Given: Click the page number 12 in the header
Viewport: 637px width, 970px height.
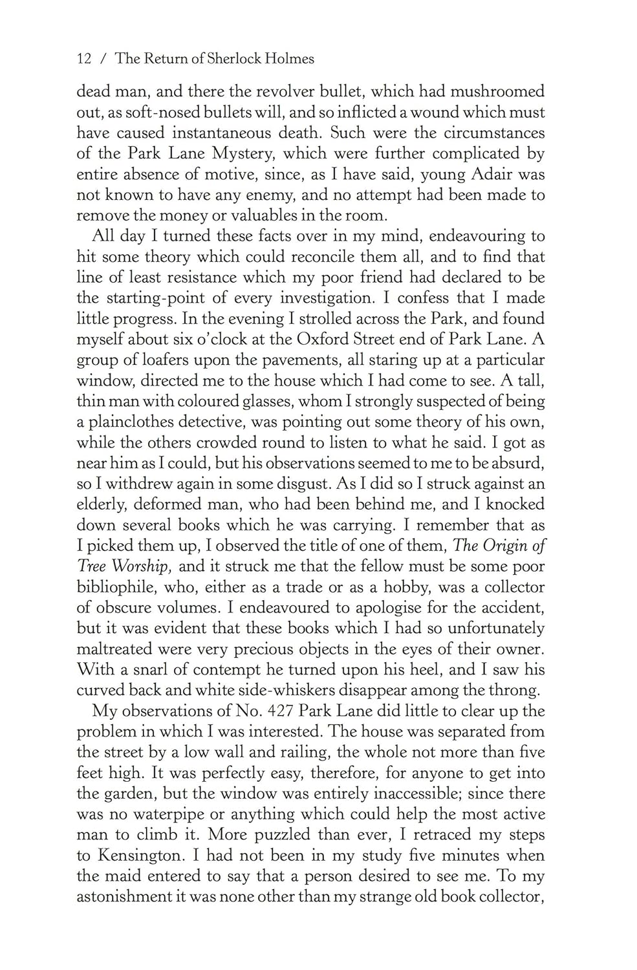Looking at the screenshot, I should pyautogui.click(x=83, y=59).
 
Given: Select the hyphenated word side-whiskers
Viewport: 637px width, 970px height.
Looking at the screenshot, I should pyautogui.click(x=313, y=690).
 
